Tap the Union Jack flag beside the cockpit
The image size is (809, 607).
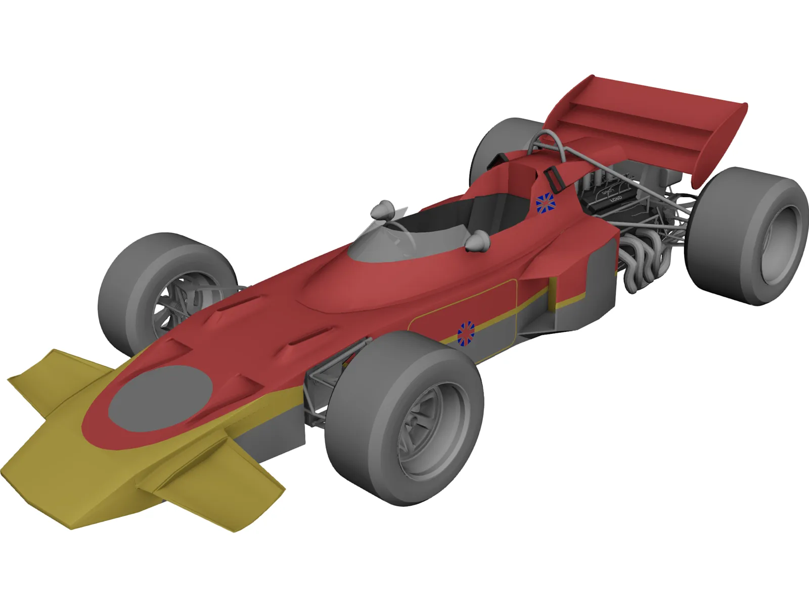546,203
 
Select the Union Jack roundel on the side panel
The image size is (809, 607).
466,333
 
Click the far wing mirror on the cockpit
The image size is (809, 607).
383,209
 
